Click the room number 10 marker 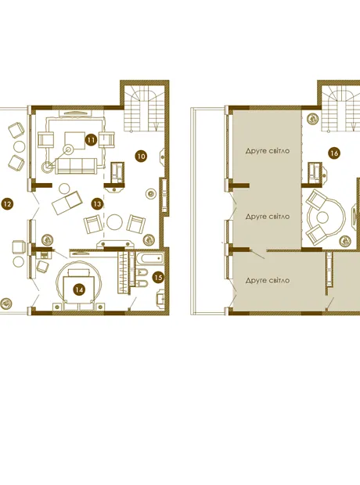(x=141, y=156)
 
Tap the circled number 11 (x=91, y=140)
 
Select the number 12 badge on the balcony (x=7, y=204)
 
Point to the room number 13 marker (x=97, y=204)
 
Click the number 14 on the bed (x=79, y=289)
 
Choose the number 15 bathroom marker (x=158, y=278)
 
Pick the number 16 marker (x=334, y=153)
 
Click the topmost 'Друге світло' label (x=268, y=151)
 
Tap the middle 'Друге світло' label (x=268, y=217)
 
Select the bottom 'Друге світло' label (x=268, y=281)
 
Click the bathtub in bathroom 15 (x=149, y=259)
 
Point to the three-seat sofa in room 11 (x=76, y=166)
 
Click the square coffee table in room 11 (x=74, y=141)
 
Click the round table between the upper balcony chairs (x=20, y=146)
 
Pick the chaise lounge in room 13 (x=67, y=203)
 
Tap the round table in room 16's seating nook (x=322, y=217)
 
